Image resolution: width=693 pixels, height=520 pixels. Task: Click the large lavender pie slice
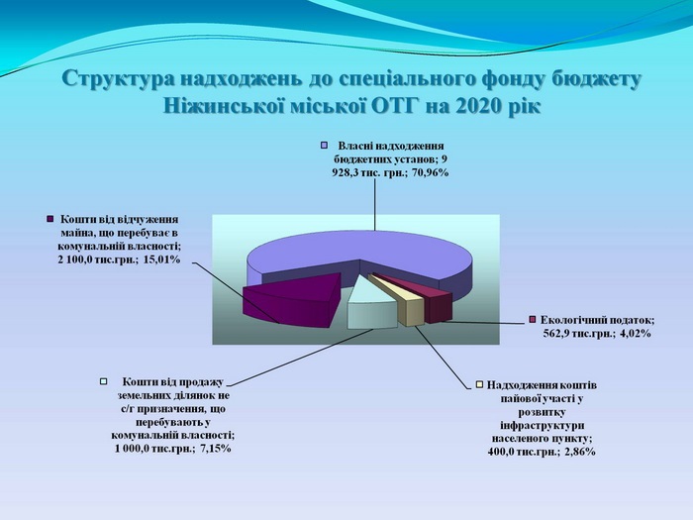(358, 256)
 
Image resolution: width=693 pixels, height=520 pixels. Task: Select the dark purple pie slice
(292, 300)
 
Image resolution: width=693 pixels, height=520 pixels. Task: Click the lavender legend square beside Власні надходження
(324, 146)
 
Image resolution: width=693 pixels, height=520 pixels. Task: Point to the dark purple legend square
(49, 219)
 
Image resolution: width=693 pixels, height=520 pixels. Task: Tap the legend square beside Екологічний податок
(533, 319)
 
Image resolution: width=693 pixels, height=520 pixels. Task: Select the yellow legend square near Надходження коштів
(479, 384)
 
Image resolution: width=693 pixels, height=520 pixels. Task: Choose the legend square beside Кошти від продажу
(104, 381)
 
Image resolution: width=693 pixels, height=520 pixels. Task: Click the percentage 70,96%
(431, 172)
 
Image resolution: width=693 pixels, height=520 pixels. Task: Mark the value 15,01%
(162, 260)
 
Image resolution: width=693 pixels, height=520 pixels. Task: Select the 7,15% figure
(215, 449)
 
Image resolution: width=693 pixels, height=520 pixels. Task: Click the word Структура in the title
(117, 79)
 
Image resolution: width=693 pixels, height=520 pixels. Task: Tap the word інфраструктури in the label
(543, 425)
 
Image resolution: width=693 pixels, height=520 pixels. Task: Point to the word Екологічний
(572, 320)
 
